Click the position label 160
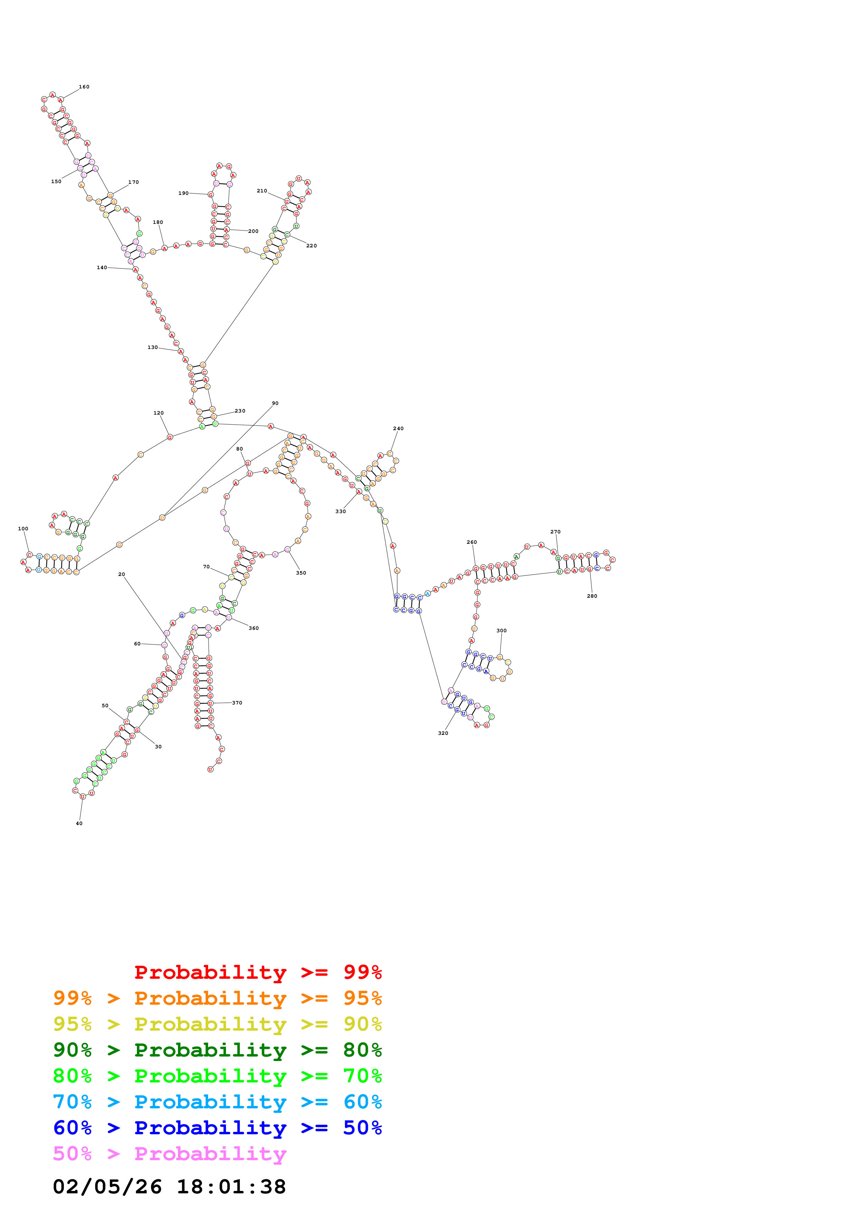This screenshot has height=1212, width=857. pyautogui.click(x=84, y=87)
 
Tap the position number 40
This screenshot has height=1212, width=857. pyautogui.click(x=79, y=823)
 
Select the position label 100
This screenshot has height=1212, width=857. pyautogui.click(x=23, y=528)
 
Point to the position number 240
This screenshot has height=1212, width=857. pyautogui.click(x=398, y=429)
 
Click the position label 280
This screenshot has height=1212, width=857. pyautogui.click(x=592, y=596)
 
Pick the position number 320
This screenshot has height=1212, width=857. pyautogui.click(x=443, y=733)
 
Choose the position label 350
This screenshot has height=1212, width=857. pyautogui.click(x=301, y=573)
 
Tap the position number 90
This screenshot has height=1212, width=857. pyautogui.click(x=275, y=403)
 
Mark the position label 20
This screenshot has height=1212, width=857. pyautogui.click(x=121, y=574)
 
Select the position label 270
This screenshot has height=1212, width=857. pyautogui.click(x=556, y=532)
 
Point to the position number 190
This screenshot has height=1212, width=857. pyautogui.click(x=183, y=193)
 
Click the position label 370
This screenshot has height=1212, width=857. pyautogui.click(x=237, y=703)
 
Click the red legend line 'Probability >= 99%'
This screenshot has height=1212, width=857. pyautogui.click(x=258, y=972)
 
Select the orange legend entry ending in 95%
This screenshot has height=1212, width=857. pyautogui.click(x=217, y=998)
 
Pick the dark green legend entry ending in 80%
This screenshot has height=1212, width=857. pyautogui.click(x=217, y=1050)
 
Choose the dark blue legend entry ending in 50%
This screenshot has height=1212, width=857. pyautogui.click(x=217, y=1128)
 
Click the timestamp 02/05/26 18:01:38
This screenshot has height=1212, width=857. pyautogui.click(x=169, y=1187)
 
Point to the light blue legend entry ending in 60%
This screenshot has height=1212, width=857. pyautogui.click(x=217, y=1102)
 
